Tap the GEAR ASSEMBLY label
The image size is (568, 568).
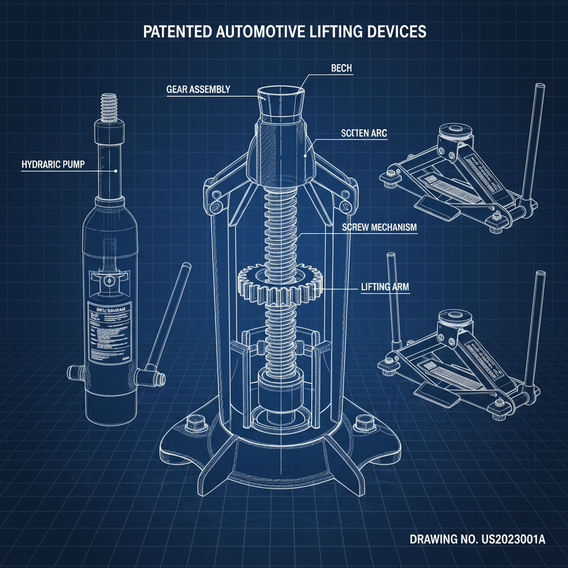(198, 89)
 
